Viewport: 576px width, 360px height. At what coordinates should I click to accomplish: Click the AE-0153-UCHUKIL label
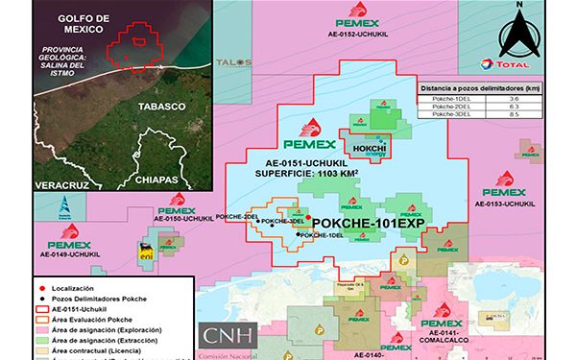(505, 204)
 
